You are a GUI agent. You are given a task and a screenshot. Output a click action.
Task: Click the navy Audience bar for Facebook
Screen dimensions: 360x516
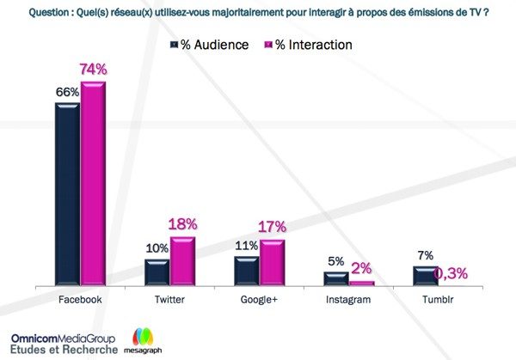(x=67, y=193)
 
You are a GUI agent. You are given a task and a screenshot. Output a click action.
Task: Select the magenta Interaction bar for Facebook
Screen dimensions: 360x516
(x=92, y=183)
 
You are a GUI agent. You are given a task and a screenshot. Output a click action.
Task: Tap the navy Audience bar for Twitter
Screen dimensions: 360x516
(x=157, y=271)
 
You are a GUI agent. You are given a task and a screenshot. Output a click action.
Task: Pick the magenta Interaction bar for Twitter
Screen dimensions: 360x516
(x=182, y=260)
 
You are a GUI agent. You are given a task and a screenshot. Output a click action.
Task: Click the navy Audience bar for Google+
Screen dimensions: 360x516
(x=247, y=269)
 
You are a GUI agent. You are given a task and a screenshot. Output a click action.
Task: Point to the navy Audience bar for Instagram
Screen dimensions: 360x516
(x=336, y=277)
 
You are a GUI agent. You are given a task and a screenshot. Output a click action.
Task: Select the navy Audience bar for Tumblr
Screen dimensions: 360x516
(x=426, y=274)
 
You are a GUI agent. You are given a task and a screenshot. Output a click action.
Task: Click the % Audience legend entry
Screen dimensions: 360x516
(x=212, y=44)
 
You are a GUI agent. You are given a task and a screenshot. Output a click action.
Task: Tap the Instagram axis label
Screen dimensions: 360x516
(x=348, y=300)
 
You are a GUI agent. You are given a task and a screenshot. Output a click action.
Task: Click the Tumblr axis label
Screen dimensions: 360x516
(x=438, y=300)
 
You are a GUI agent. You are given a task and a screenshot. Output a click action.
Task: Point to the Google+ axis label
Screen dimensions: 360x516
(x=259, y=300)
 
